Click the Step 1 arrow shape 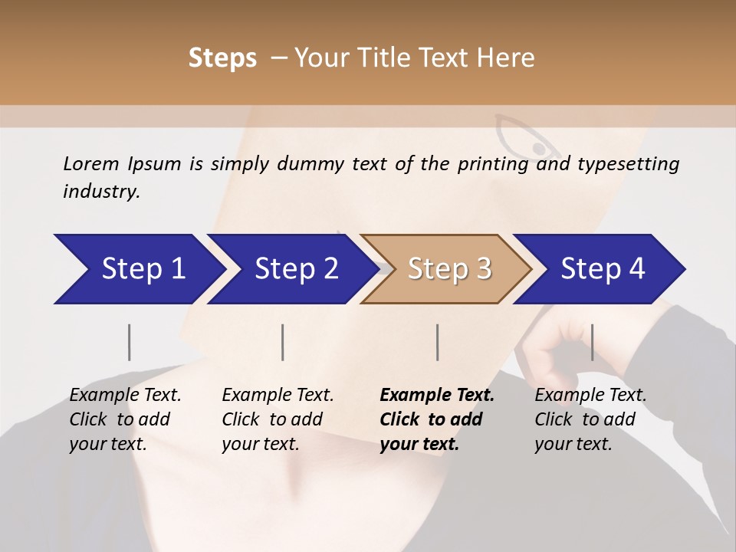click(138, 269)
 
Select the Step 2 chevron click(291, 269)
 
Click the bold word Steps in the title click(222, 58)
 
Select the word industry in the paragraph click(100, 191)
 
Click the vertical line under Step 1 click(130, 342)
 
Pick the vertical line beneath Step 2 click(283, 342)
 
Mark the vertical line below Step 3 click(438, 342)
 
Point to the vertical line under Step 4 click(592, 342)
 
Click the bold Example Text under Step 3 click(437, 396)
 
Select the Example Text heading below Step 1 click(125, 396)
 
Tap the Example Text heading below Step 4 click(590, 396)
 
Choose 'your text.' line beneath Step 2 click(260, 444)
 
